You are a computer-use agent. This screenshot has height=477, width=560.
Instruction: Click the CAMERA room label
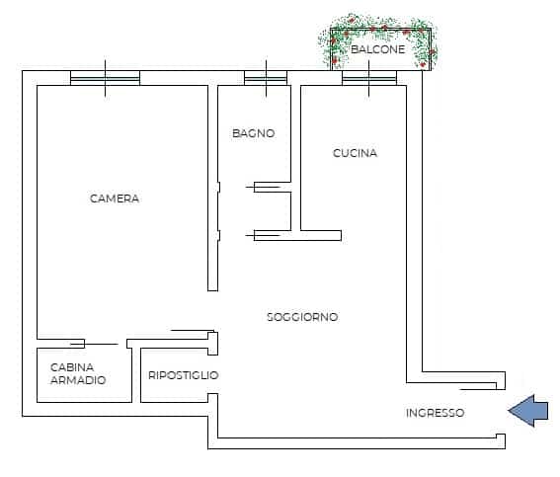(115, 199)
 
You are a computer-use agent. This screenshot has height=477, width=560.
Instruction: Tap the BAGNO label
(254, 133)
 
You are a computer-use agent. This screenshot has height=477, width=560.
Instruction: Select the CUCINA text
(355, 153)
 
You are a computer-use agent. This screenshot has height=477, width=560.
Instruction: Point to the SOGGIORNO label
(302, 317)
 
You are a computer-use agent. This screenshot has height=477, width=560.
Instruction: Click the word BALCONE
(378, 49)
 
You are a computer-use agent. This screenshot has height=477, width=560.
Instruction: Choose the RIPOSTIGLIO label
(184, 375)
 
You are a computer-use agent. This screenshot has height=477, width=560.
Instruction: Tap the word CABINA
(72, 367)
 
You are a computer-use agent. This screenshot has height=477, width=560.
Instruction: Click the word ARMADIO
(78, 380)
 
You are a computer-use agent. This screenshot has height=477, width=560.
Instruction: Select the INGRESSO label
(435, 413)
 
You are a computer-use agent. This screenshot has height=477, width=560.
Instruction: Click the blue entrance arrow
(527, 411)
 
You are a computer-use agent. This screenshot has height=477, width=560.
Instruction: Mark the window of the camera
(105, 78)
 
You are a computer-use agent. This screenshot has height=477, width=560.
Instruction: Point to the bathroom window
(266, 78)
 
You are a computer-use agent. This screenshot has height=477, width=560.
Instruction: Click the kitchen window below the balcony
(369, 78)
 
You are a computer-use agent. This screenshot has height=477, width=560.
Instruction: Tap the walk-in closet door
(94, 345)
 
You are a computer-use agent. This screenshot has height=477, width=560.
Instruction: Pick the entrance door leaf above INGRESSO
(478, 389)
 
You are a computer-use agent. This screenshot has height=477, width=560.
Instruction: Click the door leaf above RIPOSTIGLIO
(193, 330)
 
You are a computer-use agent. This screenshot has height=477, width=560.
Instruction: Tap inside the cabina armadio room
(84, 375)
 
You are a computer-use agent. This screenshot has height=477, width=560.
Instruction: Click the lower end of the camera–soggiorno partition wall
(213, 290)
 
